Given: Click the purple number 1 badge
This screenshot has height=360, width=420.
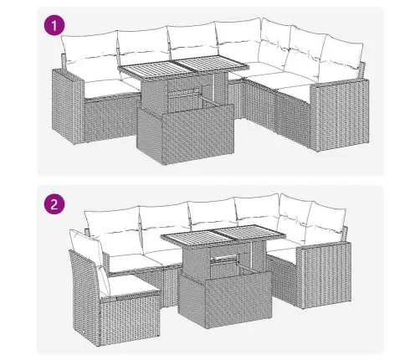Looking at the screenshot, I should (x=55, y=27).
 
